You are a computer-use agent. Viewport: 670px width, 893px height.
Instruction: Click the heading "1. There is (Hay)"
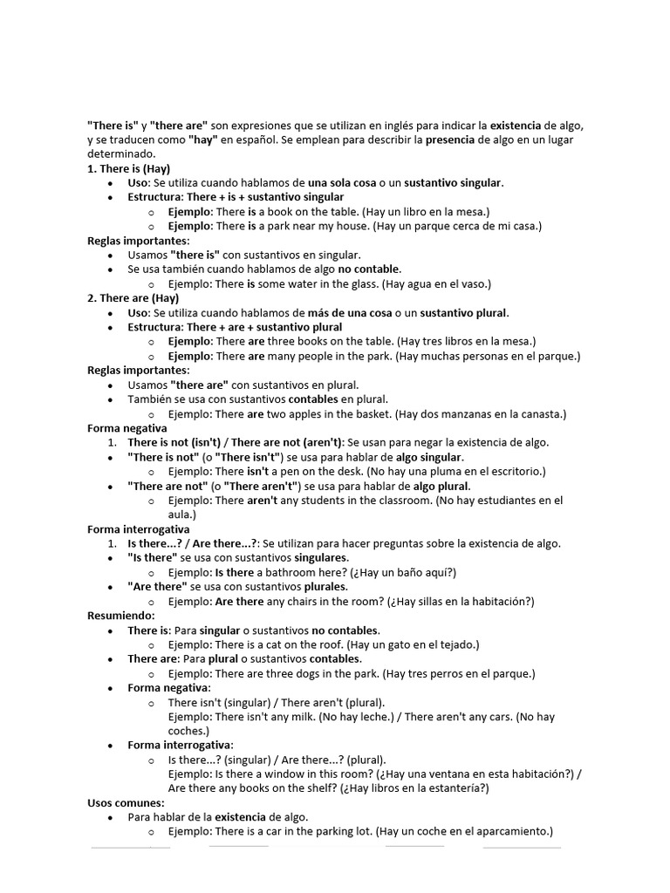pyautogui.click(x=128, y=168)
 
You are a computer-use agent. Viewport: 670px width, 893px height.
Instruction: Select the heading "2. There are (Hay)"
pyautogui.click(x=133, y=298)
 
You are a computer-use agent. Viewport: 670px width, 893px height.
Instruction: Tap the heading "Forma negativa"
pyautogui.click(x=126, y=428)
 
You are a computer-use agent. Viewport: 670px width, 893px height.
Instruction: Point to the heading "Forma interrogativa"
pyautogui.click(x=138, y=529)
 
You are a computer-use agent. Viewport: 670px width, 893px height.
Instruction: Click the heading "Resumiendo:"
pyautogui.click(x=120, y=616)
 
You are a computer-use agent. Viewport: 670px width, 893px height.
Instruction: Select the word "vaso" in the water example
pyautogui.click(x=472, y=283)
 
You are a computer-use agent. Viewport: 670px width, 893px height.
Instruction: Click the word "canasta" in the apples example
pyautogui.click(x=538, y=414)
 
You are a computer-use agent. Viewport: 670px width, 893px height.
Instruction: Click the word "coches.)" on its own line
pyautogui.click(x=188, y=731)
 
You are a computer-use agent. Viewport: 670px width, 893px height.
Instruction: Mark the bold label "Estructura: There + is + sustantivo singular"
pyautogui.click(x=223, y=197)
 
